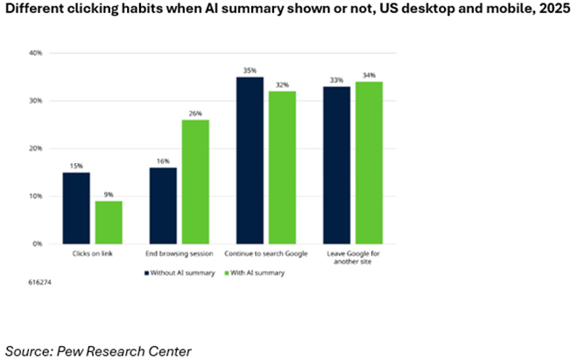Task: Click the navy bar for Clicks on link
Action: (75, 208)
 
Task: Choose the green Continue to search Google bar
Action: (282, 167)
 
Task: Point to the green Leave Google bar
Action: (368, 163)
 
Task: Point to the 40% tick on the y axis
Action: (36, 53)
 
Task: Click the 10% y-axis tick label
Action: (36, 196)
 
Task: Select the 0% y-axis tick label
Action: (39, 244)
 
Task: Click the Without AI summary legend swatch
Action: (146, 272)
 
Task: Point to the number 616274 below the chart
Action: (39, 285)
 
